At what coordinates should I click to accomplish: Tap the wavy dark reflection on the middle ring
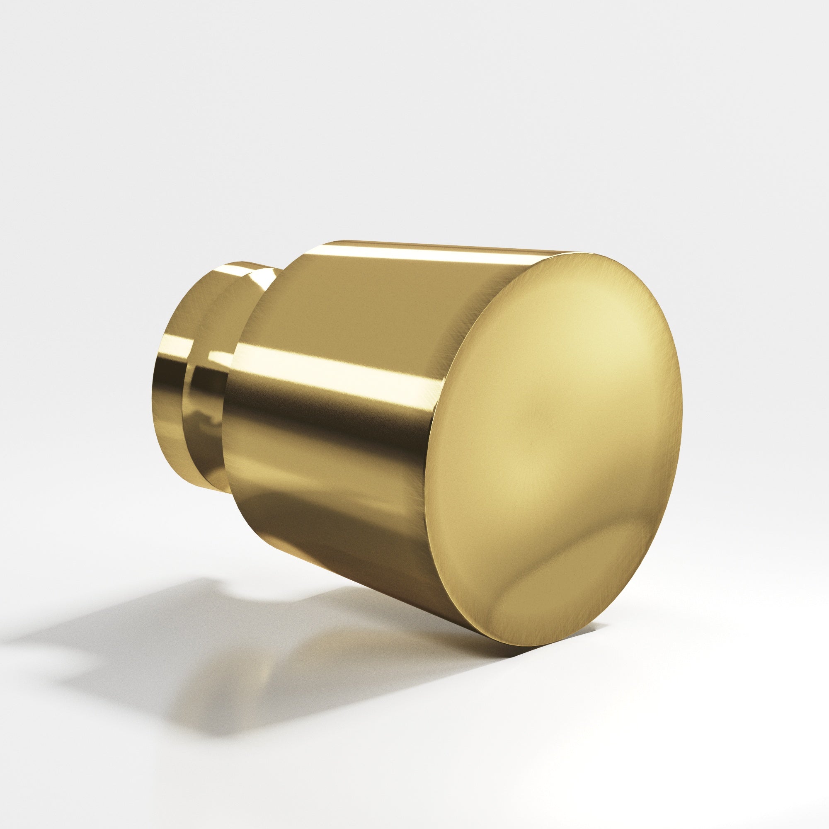tap(202, 412)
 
